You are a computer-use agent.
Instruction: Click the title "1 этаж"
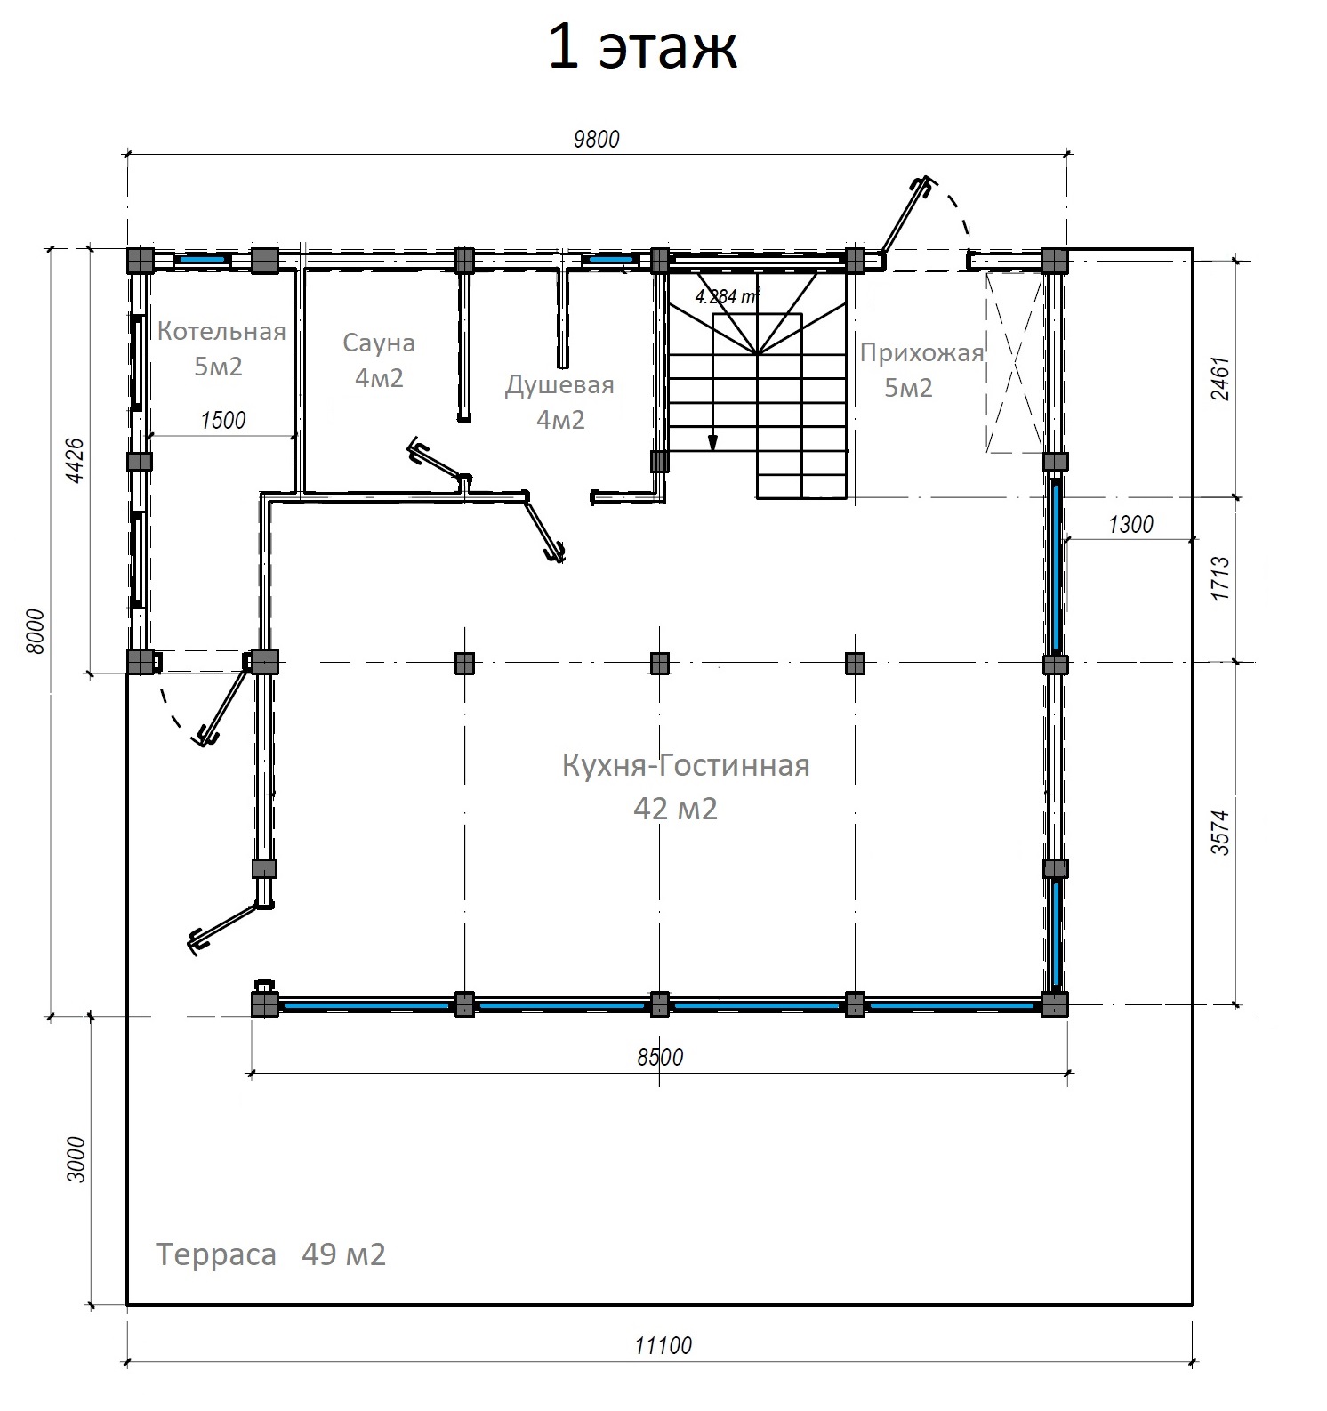[641, 49]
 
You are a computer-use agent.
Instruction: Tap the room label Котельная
[221, 332]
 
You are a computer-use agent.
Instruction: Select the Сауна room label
[379, 343]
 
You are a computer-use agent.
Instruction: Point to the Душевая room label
[559, 385]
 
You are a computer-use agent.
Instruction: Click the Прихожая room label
[921, 353]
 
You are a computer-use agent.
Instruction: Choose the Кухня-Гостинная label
[686, 766]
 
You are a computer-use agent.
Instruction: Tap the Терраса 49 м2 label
[271, 1254]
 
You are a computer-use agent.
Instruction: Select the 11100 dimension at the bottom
[663, 1346]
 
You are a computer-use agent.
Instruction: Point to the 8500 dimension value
[660, 1057]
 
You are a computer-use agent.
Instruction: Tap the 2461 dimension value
[1221, 379]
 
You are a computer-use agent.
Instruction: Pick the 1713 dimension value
[1221, 577]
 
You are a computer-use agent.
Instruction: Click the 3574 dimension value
[1221, 832]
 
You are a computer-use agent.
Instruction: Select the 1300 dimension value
[1130, 524]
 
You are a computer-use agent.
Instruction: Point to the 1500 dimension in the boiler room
[223, 420]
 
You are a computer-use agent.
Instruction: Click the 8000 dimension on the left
[36, 633]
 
